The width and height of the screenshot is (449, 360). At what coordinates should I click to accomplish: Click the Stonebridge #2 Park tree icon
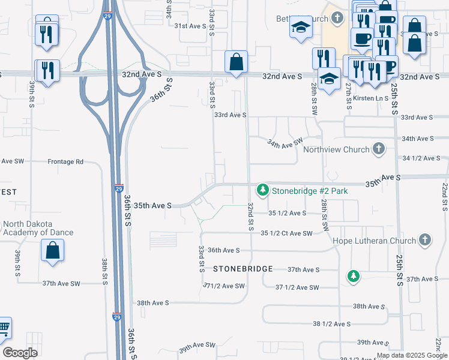coord(262,190)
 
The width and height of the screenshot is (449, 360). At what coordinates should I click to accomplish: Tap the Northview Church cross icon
coord(378,148)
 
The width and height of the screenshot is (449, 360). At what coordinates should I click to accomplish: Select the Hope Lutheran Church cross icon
coord(424,240)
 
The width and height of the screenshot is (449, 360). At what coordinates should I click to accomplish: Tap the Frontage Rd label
coord(65,161)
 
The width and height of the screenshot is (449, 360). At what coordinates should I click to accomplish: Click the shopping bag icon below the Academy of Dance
coord(52,249)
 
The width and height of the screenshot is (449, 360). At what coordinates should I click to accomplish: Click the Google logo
coord(20,353)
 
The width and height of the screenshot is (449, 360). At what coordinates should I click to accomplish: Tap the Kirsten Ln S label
coord(367,97)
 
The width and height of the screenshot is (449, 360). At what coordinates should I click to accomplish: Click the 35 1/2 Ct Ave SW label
coord(286,233)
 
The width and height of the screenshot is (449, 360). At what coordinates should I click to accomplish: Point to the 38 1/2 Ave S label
coord(331,324)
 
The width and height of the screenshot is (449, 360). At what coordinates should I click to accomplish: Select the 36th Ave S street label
coord(224,250)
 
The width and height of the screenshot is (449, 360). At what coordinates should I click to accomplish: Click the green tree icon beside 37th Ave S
coord(354,275)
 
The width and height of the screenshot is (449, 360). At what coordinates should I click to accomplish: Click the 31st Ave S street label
coord(190,26)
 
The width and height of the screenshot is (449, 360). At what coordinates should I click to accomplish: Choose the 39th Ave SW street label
coord(197,346)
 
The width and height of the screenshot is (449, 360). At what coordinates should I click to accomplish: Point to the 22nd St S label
coord(444,196)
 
